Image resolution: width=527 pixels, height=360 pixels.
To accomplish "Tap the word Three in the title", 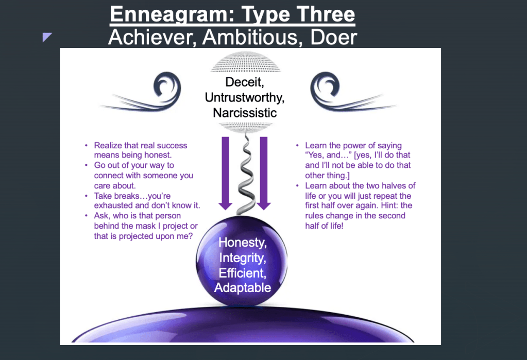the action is [326, 14].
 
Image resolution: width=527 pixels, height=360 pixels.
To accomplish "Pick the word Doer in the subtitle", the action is [333, 37].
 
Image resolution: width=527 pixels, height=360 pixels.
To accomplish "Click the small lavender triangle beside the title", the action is [47, 37].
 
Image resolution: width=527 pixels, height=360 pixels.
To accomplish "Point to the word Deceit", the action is [245, 82].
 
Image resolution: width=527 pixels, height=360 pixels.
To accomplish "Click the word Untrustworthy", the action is [245, 97].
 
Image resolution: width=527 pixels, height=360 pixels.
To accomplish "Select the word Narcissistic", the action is [245, 113].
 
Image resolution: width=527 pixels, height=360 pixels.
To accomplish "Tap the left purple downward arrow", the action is [225, 173].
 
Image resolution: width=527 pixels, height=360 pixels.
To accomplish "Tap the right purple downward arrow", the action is [264, 173].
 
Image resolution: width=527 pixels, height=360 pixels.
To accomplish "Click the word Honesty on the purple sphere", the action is [242, 243].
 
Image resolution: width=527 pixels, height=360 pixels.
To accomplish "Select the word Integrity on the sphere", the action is [242, 258].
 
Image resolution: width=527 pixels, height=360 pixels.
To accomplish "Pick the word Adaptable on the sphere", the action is [243, 288].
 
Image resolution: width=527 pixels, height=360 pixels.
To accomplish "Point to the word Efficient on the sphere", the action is [242, 272].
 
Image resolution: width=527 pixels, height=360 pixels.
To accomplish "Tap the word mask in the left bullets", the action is [147, 226].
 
